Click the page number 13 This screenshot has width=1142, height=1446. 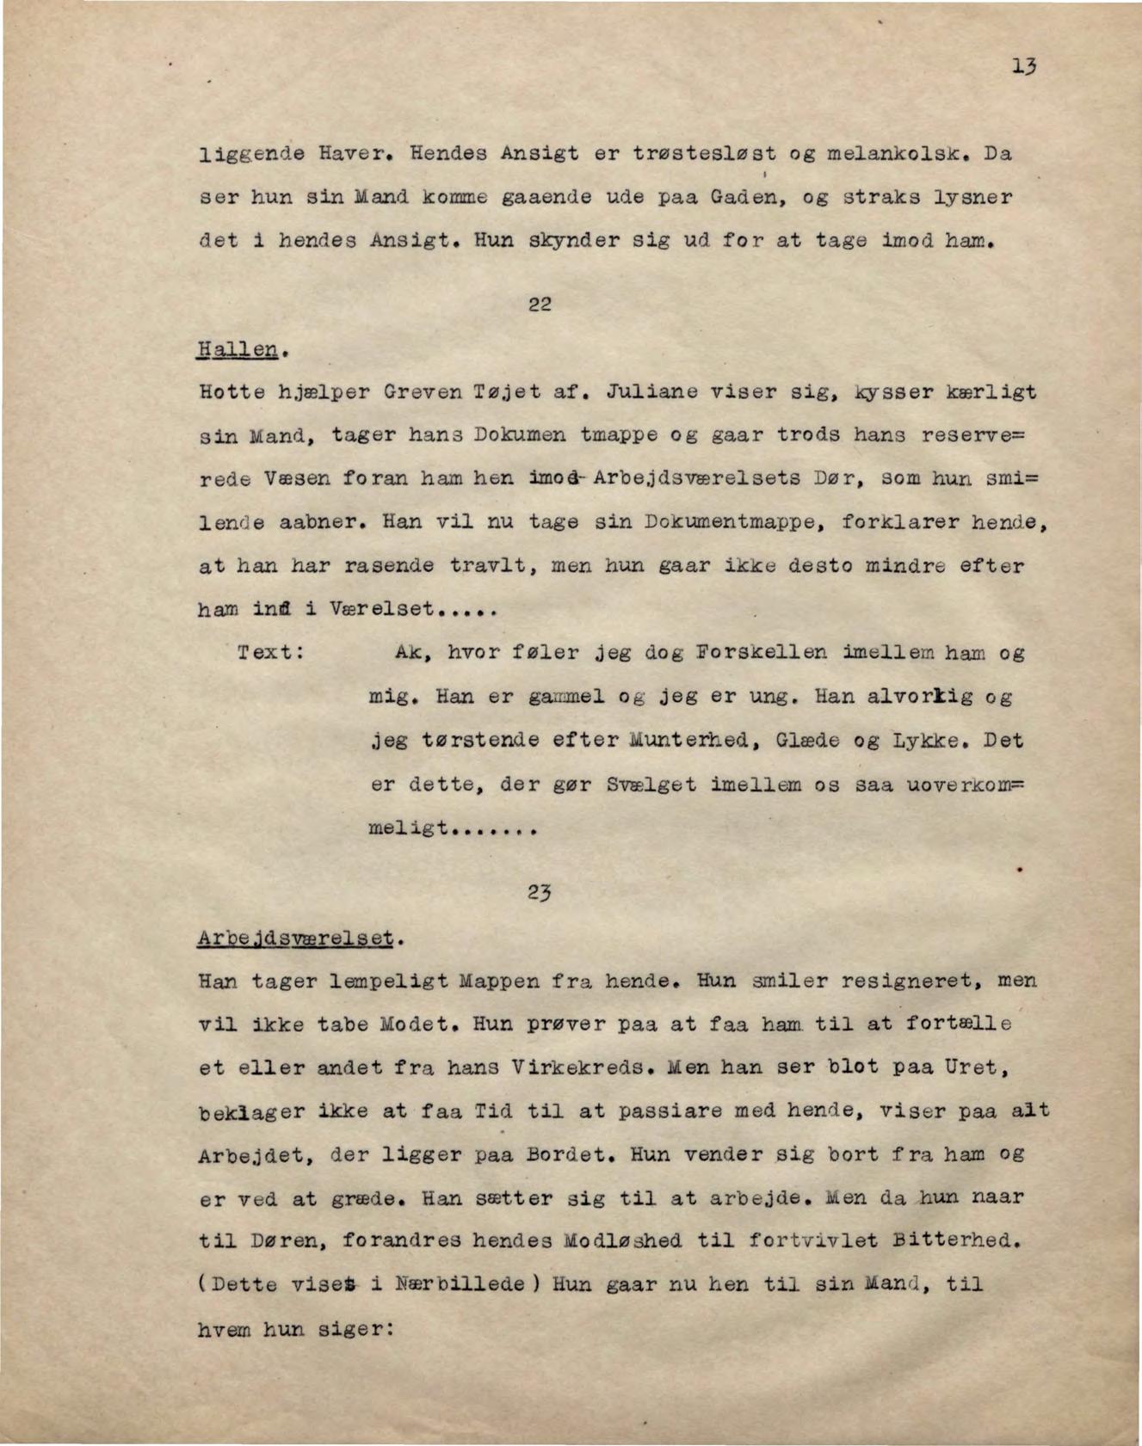pyautogui.click(x=1023, y=66)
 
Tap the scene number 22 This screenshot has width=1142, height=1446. pyautogui.click(x=540, y=304)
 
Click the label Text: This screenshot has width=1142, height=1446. pyautogui.click(x=270, y=652)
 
